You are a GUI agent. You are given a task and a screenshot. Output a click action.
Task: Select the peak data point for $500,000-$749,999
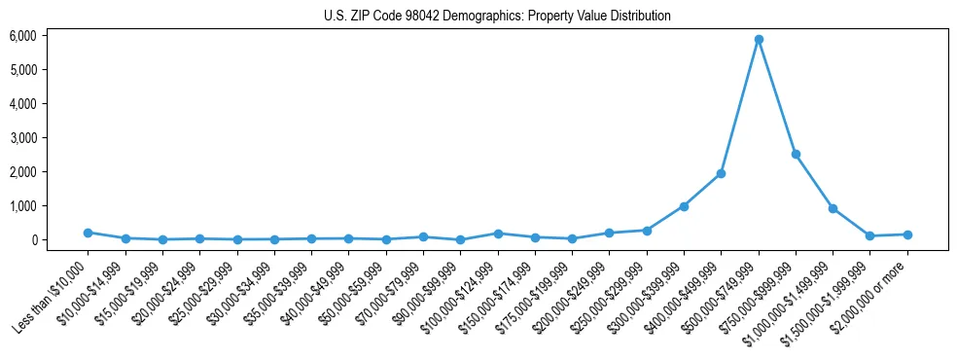759,39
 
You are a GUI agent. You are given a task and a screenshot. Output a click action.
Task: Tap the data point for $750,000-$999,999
796,154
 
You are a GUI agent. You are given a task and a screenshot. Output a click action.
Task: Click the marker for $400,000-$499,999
721,173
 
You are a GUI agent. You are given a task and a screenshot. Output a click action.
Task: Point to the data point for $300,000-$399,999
684,206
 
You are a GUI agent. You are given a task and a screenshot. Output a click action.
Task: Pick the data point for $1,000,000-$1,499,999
833,208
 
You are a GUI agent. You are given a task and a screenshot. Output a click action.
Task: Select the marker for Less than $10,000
88,233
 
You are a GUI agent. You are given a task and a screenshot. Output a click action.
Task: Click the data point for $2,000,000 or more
907,234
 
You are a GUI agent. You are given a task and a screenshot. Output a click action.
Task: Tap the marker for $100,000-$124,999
498,234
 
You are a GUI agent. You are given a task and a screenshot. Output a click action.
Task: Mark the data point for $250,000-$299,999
647,231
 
